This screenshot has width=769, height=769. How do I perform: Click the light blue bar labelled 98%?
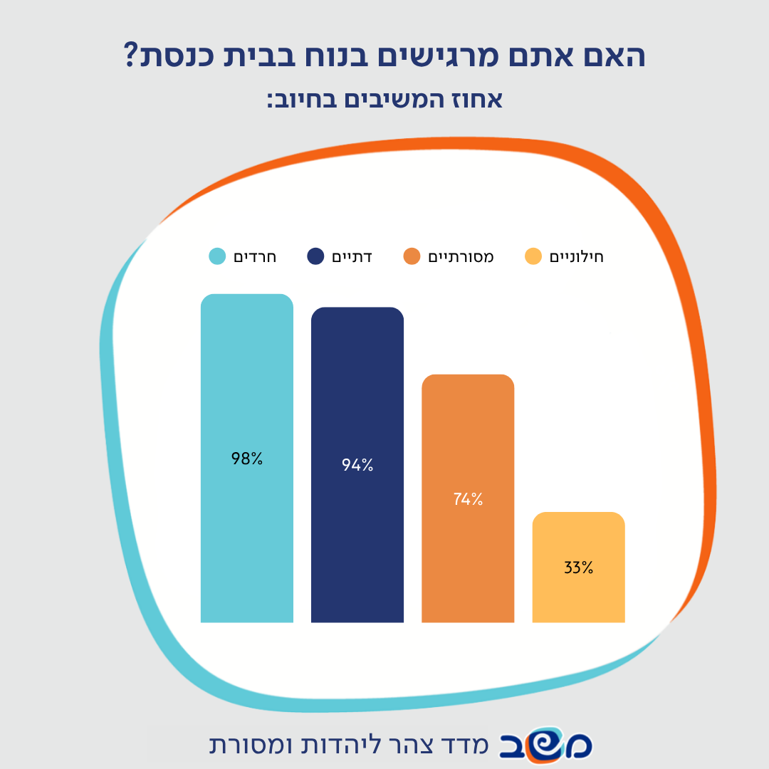[246, 458]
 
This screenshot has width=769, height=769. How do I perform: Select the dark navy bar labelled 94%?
[357, 464]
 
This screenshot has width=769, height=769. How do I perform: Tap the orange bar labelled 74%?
[468, 498]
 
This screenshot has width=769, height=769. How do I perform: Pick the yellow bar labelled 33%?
[579, 567]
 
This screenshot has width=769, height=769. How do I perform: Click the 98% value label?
[246, 459]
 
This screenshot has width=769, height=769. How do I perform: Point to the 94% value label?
[357, 465]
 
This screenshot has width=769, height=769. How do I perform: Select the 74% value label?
[468, 499]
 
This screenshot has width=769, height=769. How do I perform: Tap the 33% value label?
[579, 567]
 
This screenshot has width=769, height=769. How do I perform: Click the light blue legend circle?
[217, 256]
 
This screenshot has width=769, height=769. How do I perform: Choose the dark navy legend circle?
[315, 256]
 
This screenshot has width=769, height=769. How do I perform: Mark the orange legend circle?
[412, 256]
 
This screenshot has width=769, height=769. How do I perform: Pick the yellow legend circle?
[533, 256]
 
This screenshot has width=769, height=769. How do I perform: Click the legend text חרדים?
[255, 257]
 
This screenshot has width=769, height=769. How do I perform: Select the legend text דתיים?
[352, 257]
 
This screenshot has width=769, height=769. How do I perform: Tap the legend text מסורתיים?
[461, 257]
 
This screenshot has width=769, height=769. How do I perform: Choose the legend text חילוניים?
[576, 257]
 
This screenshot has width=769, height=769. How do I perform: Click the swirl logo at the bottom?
[545, 745]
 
